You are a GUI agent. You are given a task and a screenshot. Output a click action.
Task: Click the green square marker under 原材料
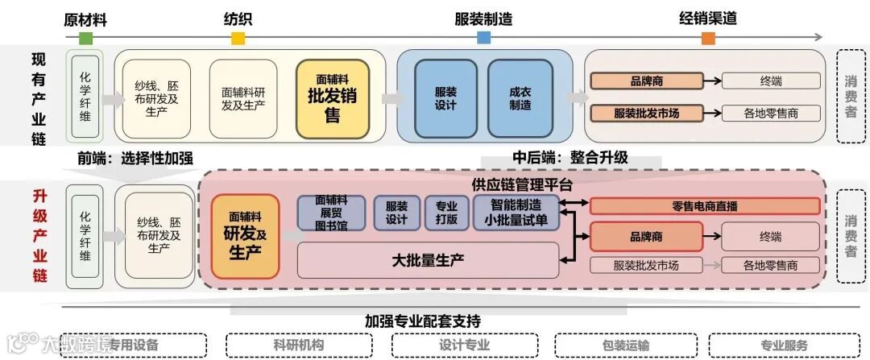click(x=86, y=38)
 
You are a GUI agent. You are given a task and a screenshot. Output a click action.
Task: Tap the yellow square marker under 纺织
click(x=238, y=38)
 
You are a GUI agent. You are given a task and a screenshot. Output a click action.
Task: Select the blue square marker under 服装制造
click(x=483, y=38)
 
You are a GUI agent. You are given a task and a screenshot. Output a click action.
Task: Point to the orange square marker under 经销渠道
click(x=708, y=38)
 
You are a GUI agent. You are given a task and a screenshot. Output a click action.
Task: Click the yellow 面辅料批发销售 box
click(x=332, y=98)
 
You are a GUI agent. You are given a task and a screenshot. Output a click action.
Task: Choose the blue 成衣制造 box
click(x=520, y=98)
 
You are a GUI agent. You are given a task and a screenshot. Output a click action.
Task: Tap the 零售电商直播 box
click(x=705, y=205)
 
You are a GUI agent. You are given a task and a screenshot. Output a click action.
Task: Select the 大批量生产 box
click(x=428, y=260)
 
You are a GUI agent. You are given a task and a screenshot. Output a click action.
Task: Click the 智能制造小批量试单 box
click(x=516, y=212)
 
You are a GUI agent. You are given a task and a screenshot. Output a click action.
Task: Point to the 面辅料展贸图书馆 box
click(x=331, y=213)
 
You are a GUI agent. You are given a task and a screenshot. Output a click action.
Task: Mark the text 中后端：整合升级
click(x=570, y=158)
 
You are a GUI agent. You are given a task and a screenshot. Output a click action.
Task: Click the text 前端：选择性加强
click(x=135, y=158)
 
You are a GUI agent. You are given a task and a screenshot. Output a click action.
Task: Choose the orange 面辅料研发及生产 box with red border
click(x=245, y=237)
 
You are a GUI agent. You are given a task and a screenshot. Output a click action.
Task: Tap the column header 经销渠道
click(x=708, y=18)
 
